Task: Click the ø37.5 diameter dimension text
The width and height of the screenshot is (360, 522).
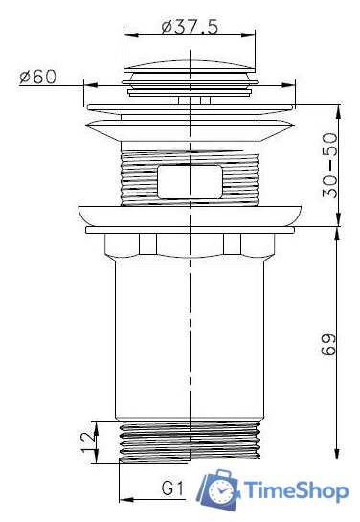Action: coord(191,27)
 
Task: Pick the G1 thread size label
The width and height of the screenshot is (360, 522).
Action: coord(172,489)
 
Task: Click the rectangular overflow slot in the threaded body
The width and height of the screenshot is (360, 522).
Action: coord(191,178)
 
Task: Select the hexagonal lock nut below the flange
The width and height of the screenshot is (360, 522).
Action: coord(191,247)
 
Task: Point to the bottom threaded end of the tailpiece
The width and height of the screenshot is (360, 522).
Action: coord(191,442)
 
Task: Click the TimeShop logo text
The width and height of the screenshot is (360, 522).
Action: coord(296,491)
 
